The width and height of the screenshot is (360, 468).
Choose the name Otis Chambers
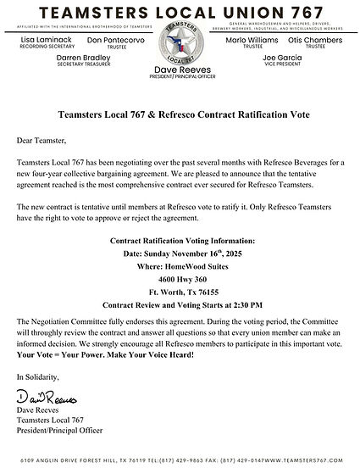click(x=315, y=39)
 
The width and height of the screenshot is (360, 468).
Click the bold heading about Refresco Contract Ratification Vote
click(x=180, y=113)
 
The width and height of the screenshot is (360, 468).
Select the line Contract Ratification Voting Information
click(x=180, y=240)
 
